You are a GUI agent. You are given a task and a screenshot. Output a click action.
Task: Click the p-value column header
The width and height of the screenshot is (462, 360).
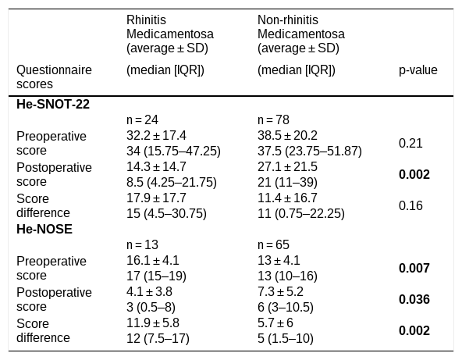(418, 70)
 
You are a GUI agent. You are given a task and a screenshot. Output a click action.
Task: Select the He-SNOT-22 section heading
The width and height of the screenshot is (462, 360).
(53, 105)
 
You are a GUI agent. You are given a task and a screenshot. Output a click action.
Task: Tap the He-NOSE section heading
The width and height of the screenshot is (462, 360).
(44, 229)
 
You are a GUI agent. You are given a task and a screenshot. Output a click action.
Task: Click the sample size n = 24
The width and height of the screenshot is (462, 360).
(142, 120)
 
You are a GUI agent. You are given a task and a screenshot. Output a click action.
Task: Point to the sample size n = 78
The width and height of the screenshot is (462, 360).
(273, 120)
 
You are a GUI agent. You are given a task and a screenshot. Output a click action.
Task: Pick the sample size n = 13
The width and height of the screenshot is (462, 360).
(142, 244)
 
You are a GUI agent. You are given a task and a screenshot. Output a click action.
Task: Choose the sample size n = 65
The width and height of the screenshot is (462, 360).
(273, 244)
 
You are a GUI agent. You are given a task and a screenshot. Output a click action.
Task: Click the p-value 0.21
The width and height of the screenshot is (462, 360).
(410, 143)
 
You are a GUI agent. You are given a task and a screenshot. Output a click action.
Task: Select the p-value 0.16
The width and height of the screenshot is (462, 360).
(410, 206)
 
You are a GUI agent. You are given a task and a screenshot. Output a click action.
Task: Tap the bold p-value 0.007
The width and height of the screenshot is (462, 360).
(414, 269)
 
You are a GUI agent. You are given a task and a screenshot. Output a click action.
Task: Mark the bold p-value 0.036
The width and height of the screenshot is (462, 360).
(414, 300)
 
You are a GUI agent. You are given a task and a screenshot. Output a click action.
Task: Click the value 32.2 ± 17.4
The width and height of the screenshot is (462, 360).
(156, 136)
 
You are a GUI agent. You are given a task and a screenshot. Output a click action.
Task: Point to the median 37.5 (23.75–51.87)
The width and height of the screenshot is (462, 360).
(310, 151)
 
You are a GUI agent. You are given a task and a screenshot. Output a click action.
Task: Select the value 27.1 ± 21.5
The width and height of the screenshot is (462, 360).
(287, 167)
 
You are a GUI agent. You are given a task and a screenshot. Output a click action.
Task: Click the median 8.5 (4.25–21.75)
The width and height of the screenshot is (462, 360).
(172, 183)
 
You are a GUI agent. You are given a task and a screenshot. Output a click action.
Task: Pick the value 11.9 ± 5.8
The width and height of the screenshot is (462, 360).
(153, 323)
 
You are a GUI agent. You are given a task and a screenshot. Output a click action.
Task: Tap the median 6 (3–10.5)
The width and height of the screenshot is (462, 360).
(286, 308)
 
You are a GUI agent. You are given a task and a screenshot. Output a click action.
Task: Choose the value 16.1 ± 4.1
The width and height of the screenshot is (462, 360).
(153, 261)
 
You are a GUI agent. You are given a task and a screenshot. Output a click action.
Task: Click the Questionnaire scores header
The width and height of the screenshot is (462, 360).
(54, 77)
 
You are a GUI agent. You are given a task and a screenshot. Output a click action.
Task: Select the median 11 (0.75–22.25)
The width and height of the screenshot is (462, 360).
(301, 214)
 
